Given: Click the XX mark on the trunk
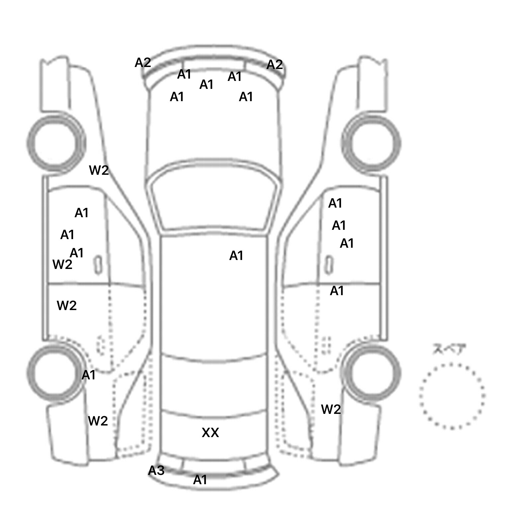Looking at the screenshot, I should [210, 432].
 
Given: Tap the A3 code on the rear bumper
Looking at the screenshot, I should [156, 470].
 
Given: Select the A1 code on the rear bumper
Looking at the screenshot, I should [200, 480].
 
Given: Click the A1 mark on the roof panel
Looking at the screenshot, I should [236, 256].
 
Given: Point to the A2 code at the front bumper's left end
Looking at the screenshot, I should [143, 63].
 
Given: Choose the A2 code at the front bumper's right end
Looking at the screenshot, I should [275, 65].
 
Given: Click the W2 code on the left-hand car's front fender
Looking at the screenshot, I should [99, 170].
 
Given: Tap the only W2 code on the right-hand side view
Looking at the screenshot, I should [331, 410].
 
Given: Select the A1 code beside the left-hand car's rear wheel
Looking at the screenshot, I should [88, 375].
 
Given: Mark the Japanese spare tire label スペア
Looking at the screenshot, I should [449, 349].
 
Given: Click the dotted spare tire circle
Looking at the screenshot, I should [452, 396].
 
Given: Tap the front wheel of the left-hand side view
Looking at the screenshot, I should [56, 143].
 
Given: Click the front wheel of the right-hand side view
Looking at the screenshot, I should [371, 143].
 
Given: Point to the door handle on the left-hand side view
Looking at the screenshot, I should [98, 265].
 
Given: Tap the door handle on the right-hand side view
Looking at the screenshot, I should [328, 265].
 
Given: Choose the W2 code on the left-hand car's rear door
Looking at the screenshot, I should [67, 305].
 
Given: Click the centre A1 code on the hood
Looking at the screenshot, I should [206, 85].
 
